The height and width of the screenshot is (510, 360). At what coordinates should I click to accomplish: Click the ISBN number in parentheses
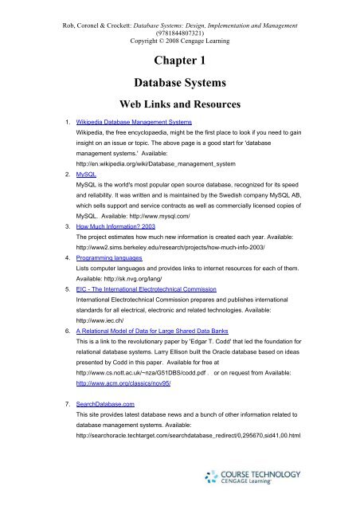[x=180, y=22]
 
